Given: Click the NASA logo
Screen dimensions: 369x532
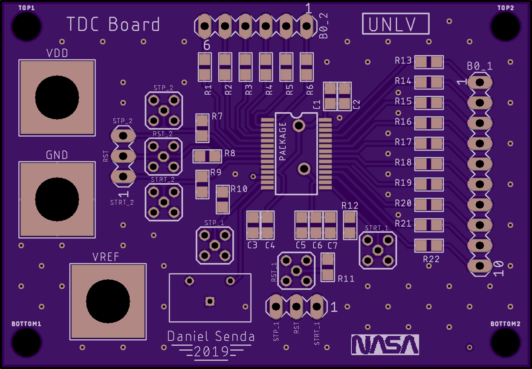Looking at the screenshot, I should (x=385, y=344).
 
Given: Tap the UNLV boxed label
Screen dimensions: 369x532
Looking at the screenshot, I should (x=395, y=24).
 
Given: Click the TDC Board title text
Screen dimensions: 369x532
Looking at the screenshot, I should (x=113, y=24).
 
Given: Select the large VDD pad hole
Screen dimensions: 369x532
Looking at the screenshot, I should (x=57, y=98).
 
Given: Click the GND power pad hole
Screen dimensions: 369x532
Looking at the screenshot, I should (x=57, y=199).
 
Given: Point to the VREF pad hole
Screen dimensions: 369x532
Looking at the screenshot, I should (x=108, y=302).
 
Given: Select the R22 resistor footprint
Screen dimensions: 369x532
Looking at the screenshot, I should (x=429, y=245).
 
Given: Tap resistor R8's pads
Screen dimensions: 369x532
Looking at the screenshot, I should (x=207, y=156).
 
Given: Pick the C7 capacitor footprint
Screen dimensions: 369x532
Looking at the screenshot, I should (x=330, y=225).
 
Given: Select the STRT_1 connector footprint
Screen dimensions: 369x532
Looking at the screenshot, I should (x=377, y=250).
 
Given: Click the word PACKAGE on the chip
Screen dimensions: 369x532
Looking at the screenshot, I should (x=282, y=142).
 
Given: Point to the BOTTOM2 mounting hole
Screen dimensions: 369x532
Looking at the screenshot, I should (x=505, y=342).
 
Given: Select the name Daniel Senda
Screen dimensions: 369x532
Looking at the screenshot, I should (x=211, y=337).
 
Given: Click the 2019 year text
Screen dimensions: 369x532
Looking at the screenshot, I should (x=211, y=352).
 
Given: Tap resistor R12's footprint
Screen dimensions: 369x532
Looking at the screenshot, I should (x=350, y=225).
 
